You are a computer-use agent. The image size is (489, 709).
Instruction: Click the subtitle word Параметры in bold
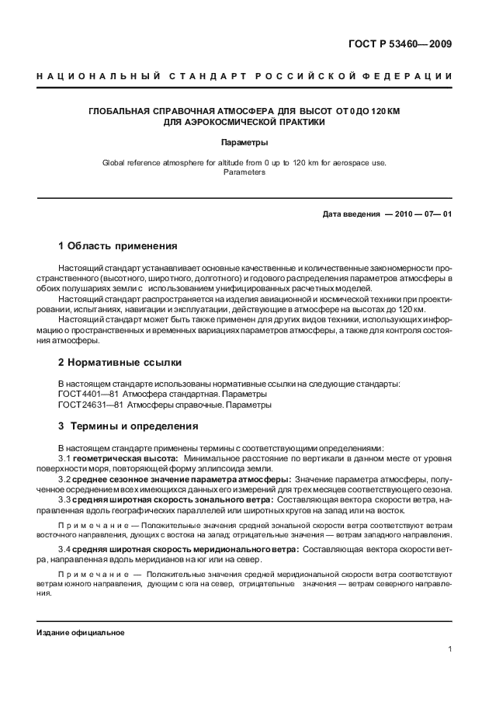point(244,143)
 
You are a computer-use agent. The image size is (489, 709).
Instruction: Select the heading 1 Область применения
point(118,246)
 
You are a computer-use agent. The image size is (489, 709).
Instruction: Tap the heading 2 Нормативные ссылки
point(120,362)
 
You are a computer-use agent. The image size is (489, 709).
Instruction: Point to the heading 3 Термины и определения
point(128,426)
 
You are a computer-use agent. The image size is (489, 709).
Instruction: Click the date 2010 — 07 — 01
point(418,214)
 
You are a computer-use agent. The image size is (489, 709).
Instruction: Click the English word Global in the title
point(115,162)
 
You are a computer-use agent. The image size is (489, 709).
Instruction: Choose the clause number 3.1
point(64,459)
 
